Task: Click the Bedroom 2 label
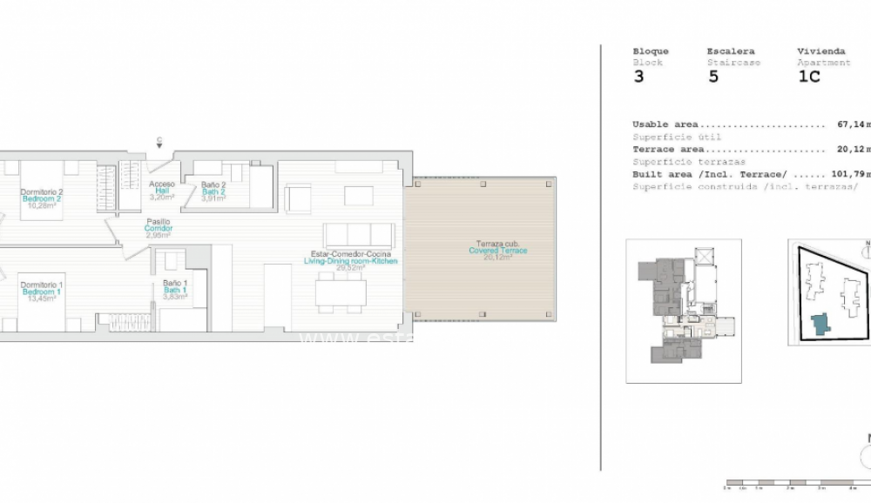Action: click(x=41, y=198)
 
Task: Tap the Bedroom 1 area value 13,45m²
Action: click(x=41, y=298)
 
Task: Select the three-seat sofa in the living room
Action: click(x=358, y=234)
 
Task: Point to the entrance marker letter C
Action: click(x=159, y=140)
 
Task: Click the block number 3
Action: click(x=638, y=77)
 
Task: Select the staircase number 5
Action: click(x=713, y=77)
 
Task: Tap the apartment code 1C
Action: click(x=809, y=77)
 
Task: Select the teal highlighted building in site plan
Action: click(x=820, y=324)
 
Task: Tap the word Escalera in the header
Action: click(x=730, y=51)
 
